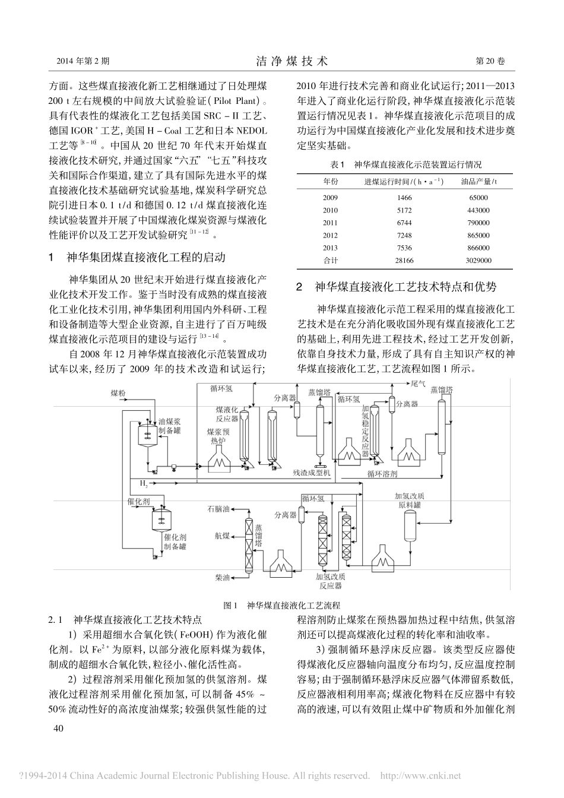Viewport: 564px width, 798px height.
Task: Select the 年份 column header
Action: click(x=330, y=181)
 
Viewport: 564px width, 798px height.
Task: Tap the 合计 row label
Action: click(x=330, y=260)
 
